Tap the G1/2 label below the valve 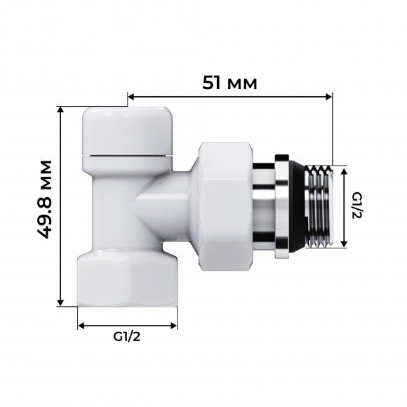[x=127, y=336]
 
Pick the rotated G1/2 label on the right [x=356, y=206]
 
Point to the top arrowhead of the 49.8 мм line [x=63, y=110]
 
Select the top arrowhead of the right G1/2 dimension [x=344, y=171]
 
